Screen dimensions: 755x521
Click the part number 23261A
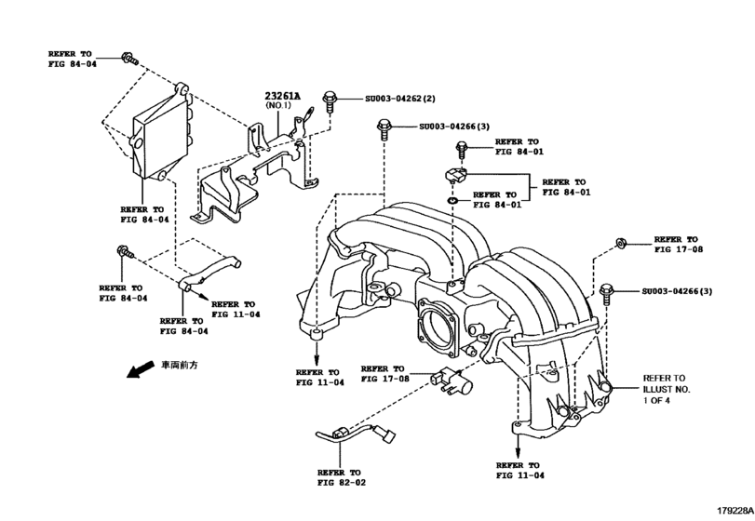pos(282,96)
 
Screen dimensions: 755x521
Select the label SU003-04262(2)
pos(399,99)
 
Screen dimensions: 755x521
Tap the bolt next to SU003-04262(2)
pos(330,101)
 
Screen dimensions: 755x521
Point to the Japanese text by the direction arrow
pos(179,365)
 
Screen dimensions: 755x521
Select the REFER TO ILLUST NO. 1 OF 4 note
pos(667,389)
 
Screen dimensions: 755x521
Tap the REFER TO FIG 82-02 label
pos(342,477)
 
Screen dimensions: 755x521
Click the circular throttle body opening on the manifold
pos(437,328)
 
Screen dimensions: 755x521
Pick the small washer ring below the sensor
pos(452,201)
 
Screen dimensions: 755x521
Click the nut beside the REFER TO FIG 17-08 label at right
pos(621,243)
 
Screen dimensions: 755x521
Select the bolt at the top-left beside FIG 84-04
pos(129,59)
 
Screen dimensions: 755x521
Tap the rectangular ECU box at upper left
pos(160,134)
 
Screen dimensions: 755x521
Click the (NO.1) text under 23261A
pos(278,105)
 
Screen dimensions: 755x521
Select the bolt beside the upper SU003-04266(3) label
pos(384,129)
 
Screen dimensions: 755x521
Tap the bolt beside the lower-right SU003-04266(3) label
pos(606,294)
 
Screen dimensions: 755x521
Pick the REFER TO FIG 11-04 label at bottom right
pos(520,470)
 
